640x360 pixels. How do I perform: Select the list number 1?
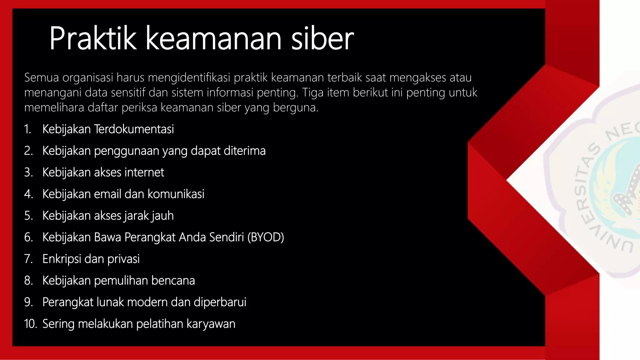point(27,129)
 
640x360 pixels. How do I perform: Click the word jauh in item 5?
point(162,216)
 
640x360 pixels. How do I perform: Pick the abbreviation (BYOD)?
point(266,237)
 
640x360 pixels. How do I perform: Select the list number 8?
point(28,280)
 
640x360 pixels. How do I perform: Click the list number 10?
point(30,324)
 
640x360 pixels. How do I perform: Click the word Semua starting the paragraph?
point(42,77)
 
